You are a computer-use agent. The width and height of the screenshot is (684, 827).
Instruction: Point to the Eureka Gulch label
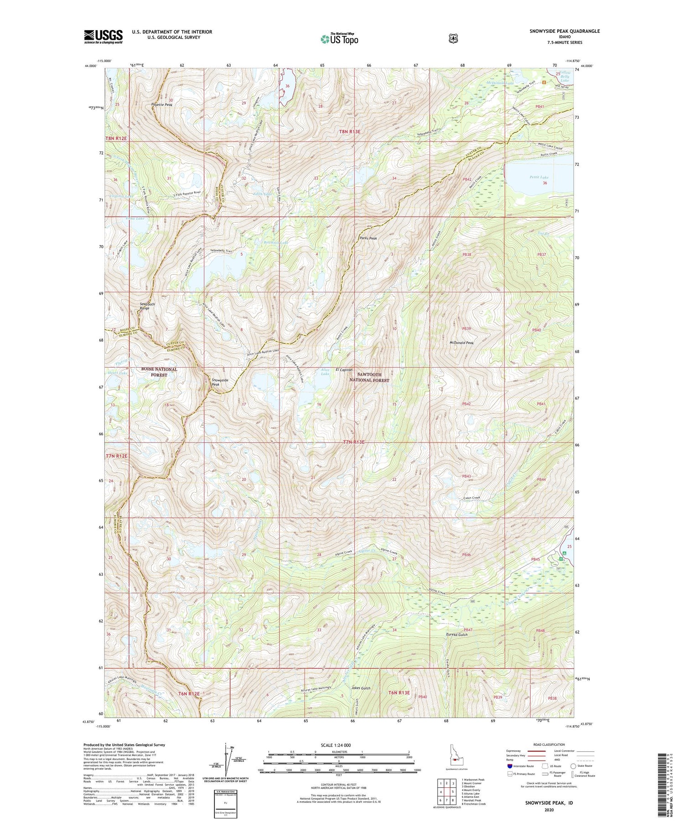457,635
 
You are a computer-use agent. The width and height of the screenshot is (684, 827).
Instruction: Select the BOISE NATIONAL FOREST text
159,372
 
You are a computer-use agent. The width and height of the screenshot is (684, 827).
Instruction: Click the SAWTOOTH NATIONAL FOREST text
369,377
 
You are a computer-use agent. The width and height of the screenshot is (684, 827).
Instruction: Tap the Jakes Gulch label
361,687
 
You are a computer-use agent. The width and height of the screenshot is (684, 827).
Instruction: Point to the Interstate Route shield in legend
509,766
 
